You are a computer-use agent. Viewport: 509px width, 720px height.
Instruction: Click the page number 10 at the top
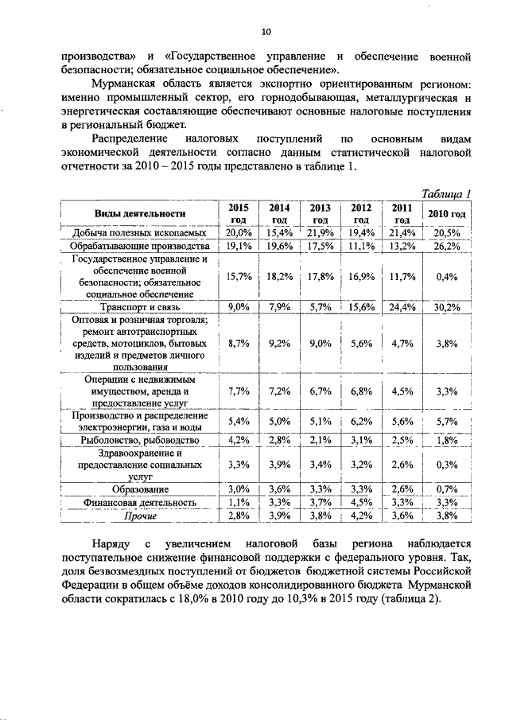click(x=266, y=32)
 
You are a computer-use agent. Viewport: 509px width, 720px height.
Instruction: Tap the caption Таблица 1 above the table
click(x=447, y=193)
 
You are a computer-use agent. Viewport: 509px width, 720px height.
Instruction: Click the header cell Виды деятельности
click(x=140, y=213)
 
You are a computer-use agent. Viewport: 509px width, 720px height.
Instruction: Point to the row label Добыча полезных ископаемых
click(x=140, y=232)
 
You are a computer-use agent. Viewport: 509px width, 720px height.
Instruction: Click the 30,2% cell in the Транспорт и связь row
click(x=448, y=306)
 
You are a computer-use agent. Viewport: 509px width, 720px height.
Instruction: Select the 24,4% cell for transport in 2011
click(x=402, y=306)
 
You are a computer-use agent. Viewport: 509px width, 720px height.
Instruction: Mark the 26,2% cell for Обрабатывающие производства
click(x=448, y=246)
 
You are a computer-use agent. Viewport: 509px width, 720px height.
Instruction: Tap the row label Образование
click(x=140, y=488)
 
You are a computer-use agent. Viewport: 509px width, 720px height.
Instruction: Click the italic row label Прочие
click(x=140, y=516)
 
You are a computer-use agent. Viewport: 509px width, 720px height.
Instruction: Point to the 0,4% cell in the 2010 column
click(x=448, y=277)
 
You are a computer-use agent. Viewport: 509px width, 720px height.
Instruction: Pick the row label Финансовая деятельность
click(x=140, y=503)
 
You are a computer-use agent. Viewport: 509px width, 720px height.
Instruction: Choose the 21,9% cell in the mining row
click(x=321, y=232)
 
